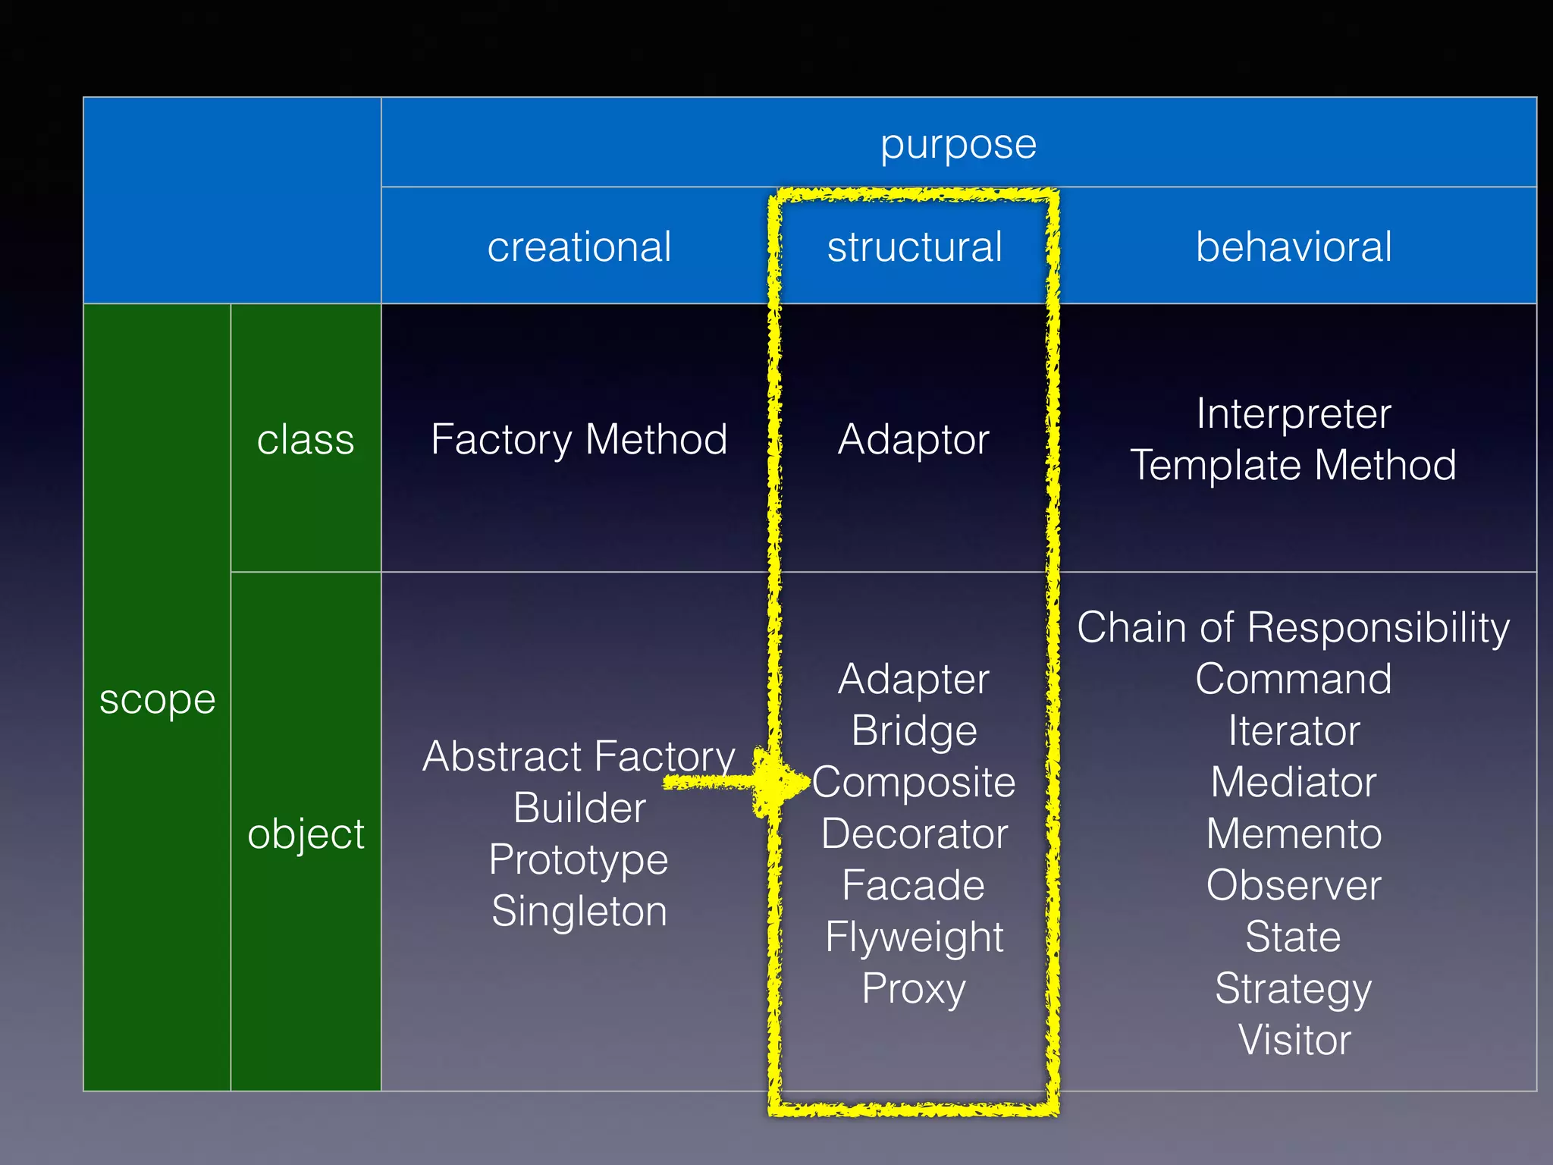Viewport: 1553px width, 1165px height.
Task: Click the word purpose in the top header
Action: (958, 144)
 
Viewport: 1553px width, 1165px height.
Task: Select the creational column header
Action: (579, 247)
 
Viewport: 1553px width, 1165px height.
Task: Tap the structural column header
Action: (915, 247)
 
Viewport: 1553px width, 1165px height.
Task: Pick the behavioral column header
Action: (1294, 247)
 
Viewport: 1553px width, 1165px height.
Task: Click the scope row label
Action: (157, 699)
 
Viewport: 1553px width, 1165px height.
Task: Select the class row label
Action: (306, 440)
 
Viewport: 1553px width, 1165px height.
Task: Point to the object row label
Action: (306, 834)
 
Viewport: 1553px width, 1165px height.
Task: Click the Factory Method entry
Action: (579, 440)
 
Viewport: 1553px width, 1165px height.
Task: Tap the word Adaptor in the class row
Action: (913, 440)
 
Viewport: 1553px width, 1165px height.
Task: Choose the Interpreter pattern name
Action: (1294, 414)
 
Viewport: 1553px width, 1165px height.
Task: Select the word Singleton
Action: (579, 911)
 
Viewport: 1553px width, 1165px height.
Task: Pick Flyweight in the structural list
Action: (914, 937)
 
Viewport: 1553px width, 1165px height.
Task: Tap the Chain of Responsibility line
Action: (1294, 628)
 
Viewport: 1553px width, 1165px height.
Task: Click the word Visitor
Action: (1294, 1040)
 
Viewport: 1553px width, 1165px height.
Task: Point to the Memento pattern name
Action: (1294, 834)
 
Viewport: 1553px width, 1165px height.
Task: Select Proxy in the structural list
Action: (914, 989)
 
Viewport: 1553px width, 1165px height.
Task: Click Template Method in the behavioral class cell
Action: (1294, 465)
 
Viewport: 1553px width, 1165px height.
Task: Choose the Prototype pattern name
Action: (579, 860)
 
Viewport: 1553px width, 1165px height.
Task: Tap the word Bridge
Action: (914, 731)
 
